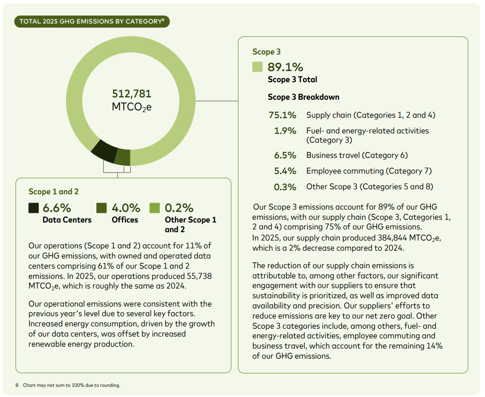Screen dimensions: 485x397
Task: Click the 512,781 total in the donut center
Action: tap(131, 94)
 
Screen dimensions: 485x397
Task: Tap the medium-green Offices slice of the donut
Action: tap(123, 157)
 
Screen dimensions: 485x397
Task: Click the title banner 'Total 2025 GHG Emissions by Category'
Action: tap(92, 21)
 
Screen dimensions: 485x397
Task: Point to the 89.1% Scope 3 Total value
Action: tap(285, 67)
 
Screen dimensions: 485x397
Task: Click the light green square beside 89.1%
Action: tap(257, 66)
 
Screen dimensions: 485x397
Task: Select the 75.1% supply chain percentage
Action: tap(283, 115)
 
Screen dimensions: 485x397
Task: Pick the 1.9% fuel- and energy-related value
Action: tap(285, 131)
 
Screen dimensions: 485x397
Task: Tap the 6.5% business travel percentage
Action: tap(285, 155)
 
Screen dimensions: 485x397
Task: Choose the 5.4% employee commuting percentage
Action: tap(285, 171)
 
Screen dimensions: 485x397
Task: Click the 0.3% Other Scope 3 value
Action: tap(285, 187)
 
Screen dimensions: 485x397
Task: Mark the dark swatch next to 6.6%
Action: tap(33, 208)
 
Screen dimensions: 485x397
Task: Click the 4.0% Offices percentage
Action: tap(126, 208)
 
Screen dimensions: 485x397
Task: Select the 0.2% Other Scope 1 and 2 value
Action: tap(179, 208)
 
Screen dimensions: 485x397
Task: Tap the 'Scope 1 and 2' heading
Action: tap(53, 192)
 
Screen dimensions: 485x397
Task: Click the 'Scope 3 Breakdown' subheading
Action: tap(303, 97)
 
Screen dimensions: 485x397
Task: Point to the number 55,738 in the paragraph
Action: tap(199, 276)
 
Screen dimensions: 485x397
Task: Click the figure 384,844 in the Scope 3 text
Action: tap(392, 238)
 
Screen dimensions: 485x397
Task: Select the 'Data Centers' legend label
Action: tap(67, 220)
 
